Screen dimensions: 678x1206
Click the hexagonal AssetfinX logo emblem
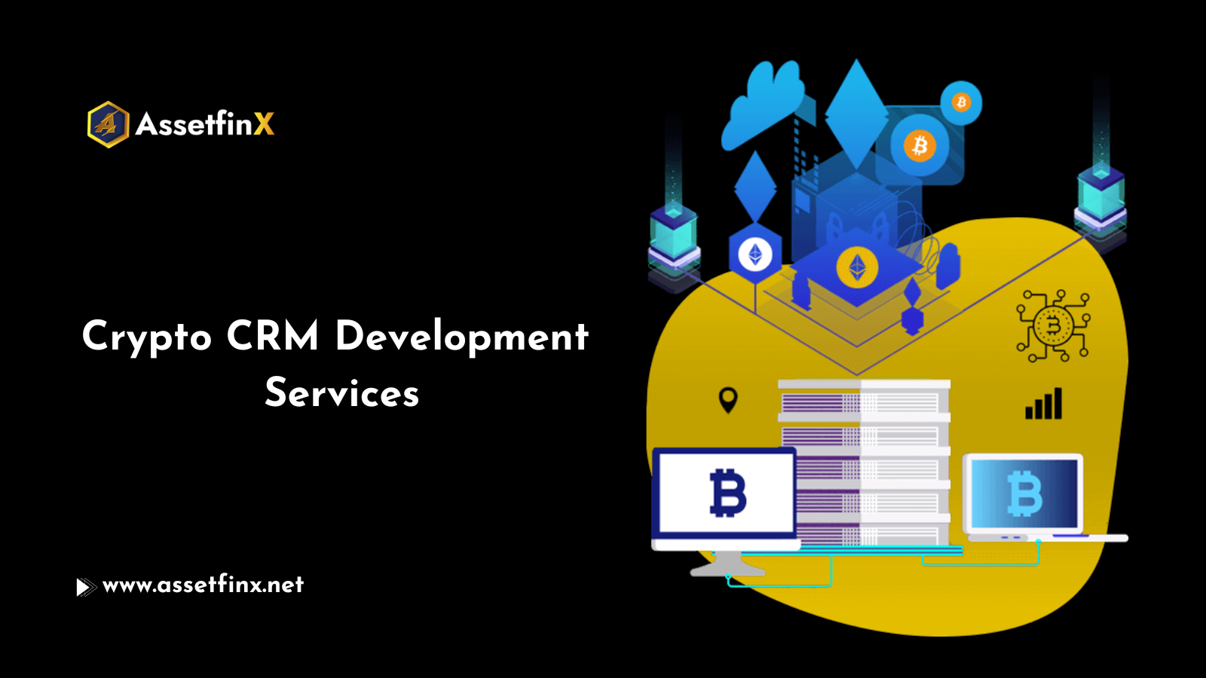108,124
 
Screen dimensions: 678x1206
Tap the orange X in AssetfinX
264,124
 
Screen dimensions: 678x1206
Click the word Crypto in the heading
147,336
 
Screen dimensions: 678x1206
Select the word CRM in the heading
272,336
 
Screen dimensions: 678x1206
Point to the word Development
461,336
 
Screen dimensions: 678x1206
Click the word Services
341,392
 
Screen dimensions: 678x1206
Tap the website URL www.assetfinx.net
203,585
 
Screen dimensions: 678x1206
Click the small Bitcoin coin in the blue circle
961,102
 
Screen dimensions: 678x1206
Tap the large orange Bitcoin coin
919,145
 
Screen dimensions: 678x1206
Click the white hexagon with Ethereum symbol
755,254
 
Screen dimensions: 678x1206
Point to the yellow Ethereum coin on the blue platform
857,267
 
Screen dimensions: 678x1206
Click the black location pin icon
728,399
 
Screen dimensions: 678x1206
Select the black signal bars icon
1044,404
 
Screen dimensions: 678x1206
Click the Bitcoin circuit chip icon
1053,326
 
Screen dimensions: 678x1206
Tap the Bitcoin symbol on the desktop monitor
727,493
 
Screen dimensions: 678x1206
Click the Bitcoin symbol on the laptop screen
1025,493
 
